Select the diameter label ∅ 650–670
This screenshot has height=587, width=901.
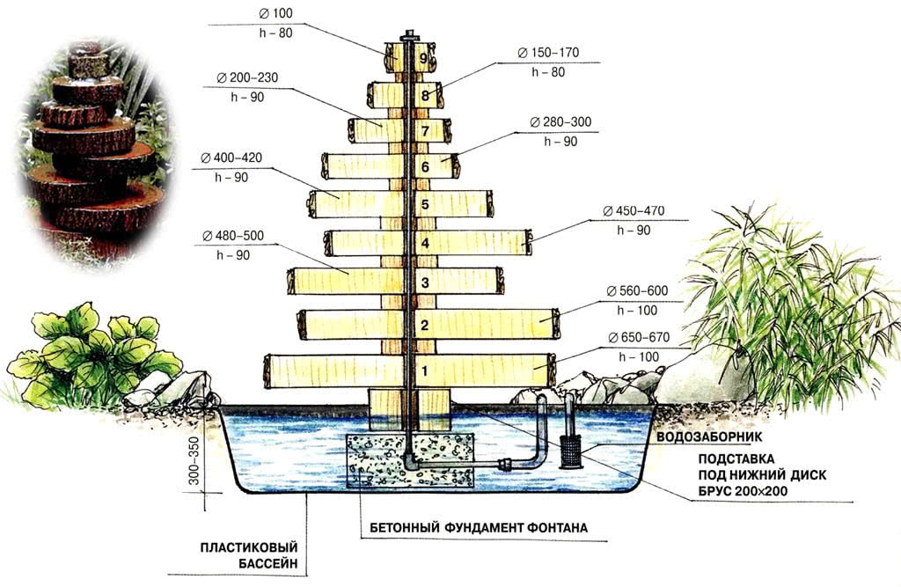639,338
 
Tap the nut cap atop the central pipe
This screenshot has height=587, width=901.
409,37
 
